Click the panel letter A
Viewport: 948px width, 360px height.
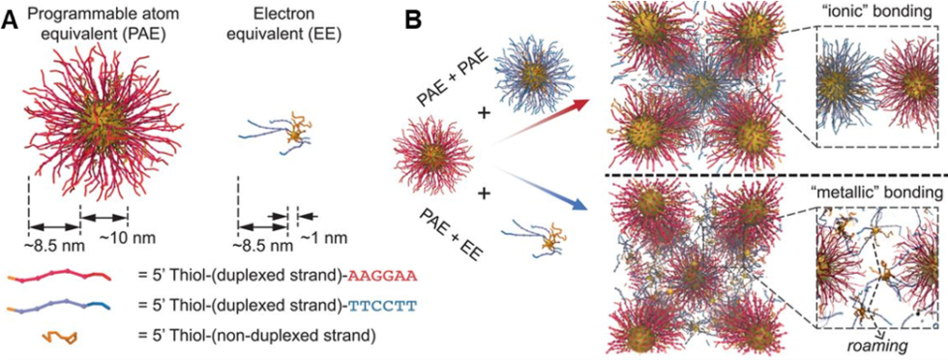point(10,20)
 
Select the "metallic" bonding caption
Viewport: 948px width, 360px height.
point(875,190)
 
